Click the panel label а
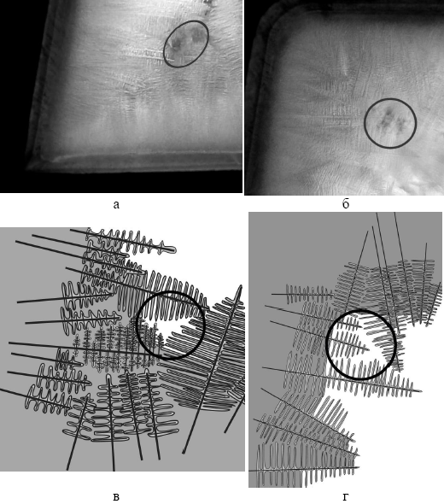click(x=116, y=204)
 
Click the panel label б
click(x=346, y=204)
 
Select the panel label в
click(x=116, y=497)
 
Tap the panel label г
click(x=345, y=497)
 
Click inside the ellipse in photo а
click(x=186, y=44)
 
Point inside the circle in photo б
click(x=390, y=123)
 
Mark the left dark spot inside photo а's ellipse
click(x=176, y=43)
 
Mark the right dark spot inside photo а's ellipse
click(x=196, y=34)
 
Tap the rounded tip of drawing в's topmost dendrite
click(x=172, y=249)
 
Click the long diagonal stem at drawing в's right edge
click(x=212, y=369)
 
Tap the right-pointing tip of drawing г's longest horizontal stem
click(x=421, y=391)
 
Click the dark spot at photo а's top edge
click(x=208, y=4)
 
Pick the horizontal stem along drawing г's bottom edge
click(x=304, y=469)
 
